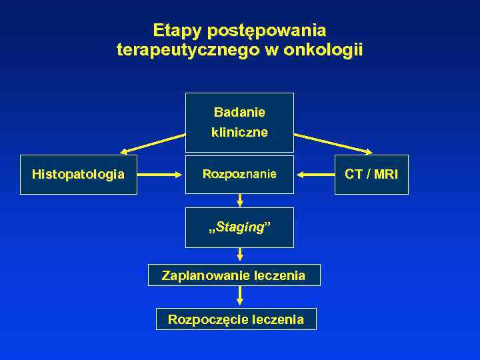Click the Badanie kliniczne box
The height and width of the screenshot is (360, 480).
[x=239, y=123]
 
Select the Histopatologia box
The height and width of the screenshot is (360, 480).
[x=78, y=175]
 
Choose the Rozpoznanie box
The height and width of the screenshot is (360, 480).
[x=239, y=175]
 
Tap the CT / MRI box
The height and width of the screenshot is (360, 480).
[x=371, y=175]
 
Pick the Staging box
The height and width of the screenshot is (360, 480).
[x=239, y=227]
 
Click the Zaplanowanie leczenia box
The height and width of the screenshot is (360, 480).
[x=233, y=275]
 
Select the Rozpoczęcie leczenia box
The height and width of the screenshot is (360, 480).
[x=235, y=319]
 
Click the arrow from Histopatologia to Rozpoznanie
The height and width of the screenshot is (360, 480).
[x=161, y=175]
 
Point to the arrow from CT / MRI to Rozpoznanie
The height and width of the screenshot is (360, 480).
[x=315, y=175]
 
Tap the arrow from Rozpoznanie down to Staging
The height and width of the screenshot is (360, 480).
[x=240, y=200]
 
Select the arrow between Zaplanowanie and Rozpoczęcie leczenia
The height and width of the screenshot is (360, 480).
[x=240, y=297]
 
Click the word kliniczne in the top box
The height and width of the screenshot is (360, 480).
[x=239, y=133]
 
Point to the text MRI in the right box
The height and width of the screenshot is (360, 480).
[x=386, y=175]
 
